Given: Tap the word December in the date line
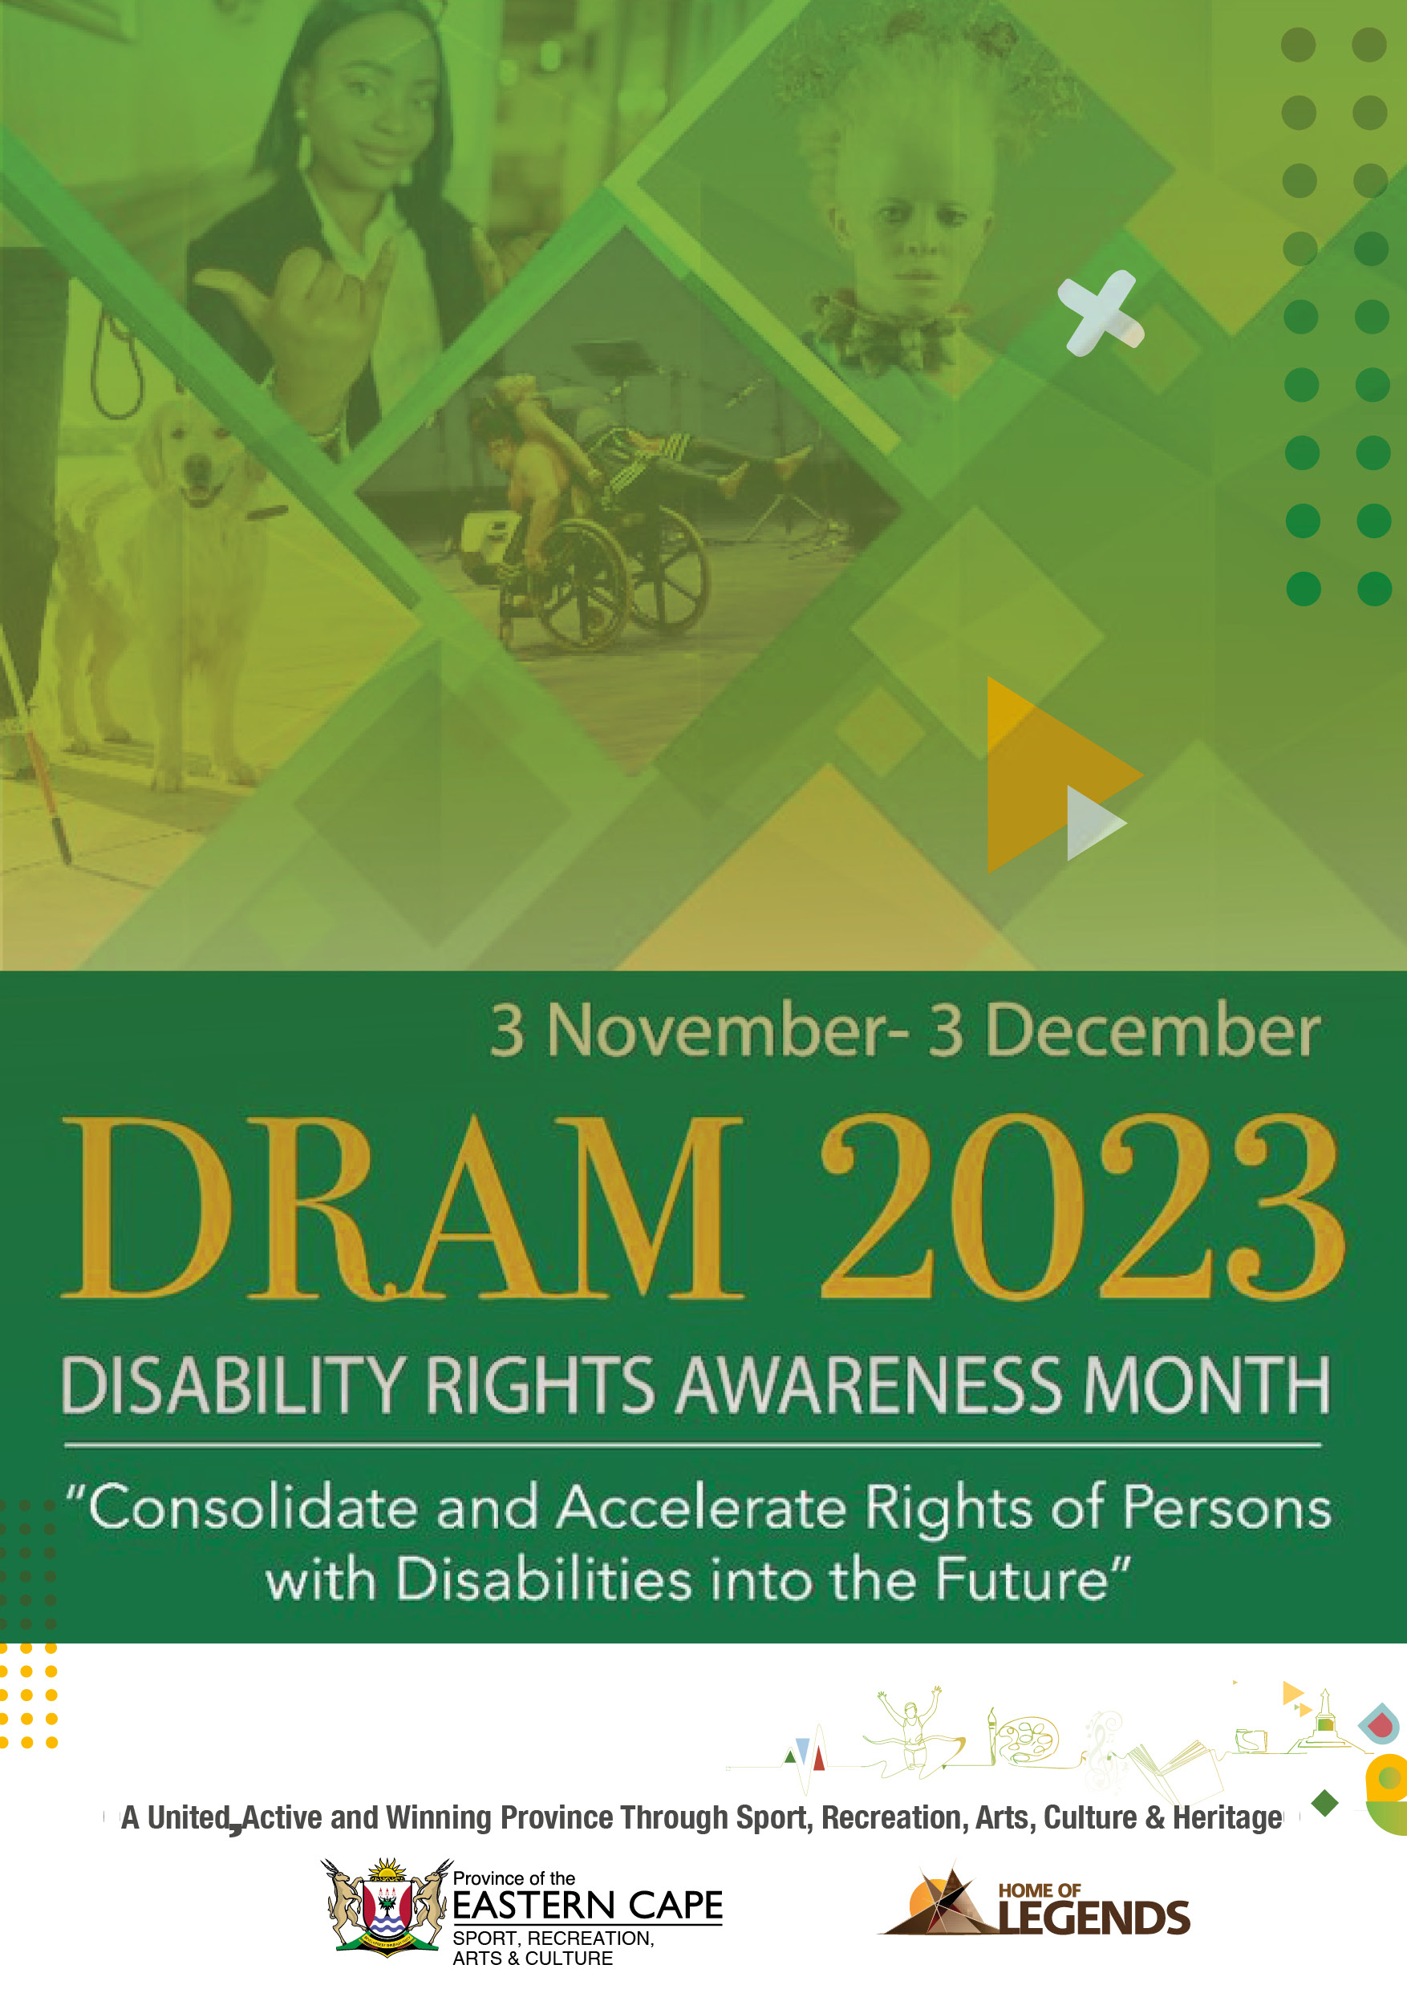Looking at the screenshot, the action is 1154,1030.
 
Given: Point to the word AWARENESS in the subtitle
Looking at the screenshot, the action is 868,1385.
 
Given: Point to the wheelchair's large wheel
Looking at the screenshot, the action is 578,585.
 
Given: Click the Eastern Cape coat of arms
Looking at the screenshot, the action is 387,1906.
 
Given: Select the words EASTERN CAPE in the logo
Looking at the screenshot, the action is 587,1905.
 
